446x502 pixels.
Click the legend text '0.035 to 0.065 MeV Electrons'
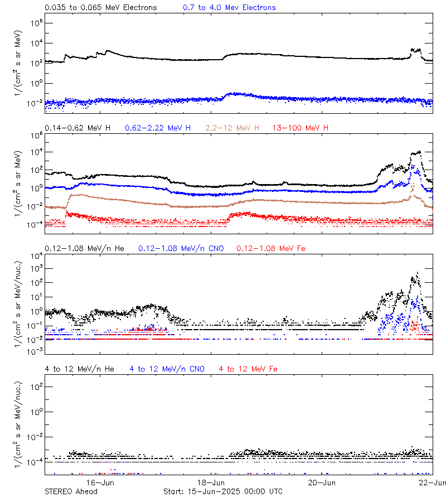[100, 8]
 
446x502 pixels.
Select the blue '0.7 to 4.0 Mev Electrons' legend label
[229, 8]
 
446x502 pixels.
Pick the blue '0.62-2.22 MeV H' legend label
[158, 128]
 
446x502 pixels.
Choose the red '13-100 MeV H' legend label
[300, 128]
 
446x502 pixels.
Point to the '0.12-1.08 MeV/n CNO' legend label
[181, 248]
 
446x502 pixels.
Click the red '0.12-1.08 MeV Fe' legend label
[271, 248]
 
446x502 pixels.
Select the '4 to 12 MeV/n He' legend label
[79, 369]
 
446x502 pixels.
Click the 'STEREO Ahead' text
[71, 491]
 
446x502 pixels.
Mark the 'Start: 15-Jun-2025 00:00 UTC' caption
[222, 491]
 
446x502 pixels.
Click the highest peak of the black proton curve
[419, 151]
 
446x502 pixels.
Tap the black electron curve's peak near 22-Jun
[414, 49]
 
